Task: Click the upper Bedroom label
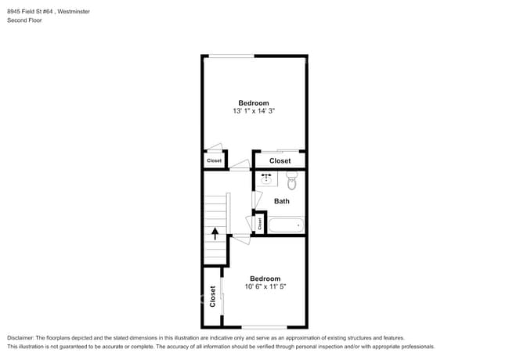254,103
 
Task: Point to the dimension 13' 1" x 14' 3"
254,112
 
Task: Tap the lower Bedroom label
265,279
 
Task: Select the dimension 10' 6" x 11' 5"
265,287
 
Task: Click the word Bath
281,201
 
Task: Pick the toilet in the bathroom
292,182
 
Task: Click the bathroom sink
267,178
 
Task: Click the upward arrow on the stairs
215,232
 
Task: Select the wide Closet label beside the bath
280,160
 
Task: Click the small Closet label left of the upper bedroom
214,160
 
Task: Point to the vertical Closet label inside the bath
260,223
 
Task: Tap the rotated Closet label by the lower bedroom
212,296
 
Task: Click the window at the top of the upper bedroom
230,56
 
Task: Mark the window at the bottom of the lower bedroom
264,326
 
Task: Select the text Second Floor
24,20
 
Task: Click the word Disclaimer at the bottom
21,337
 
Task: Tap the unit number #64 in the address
52,11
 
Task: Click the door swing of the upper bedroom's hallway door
240,165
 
